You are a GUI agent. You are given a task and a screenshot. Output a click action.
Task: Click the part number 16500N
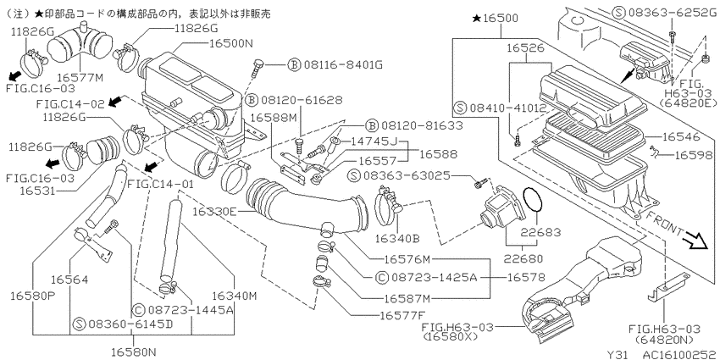click(231, 43)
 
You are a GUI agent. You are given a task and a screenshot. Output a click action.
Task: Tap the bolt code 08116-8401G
click(342, 64)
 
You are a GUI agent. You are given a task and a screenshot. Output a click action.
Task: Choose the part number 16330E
click(215, 211)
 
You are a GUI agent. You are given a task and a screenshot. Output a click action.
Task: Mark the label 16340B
click(397, 238)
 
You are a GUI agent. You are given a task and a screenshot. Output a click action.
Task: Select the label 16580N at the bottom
click(134, 352)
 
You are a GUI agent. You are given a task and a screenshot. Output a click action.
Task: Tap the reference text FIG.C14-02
click(70, 104)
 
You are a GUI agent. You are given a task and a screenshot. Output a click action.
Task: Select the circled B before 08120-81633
click(372, 125)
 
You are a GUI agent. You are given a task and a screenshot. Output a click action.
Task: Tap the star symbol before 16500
click(476, 19)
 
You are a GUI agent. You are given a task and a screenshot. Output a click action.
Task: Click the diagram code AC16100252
click(679, 354)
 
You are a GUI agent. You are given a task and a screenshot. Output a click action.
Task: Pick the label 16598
click(694, 156)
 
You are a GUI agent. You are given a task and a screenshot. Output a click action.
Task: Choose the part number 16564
click(69, 280)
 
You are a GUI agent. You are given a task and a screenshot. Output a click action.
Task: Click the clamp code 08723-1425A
click(434, 277)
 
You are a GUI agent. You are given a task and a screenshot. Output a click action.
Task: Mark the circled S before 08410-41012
click(460, 108)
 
